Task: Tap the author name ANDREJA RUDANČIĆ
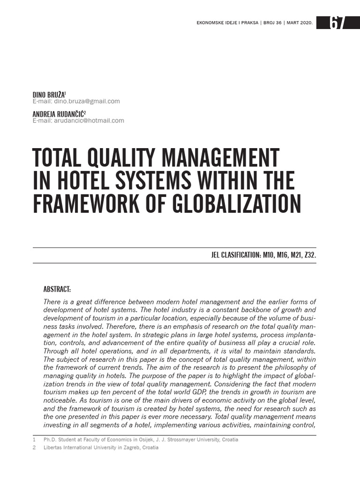(58, 114)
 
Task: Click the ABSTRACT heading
(57, 289)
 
